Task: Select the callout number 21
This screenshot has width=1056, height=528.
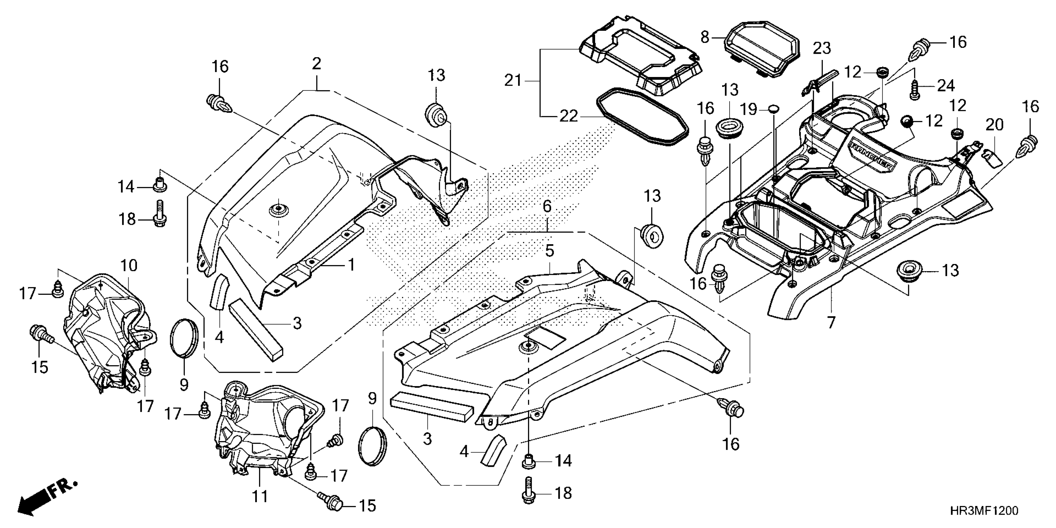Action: pyautogui.click(x=513, y=80)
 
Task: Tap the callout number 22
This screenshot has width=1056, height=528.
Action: pyautogui.click(x=569, y=116)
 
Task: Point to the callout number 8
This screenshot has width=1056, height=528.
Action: pyautogui.click(x=705, y=37)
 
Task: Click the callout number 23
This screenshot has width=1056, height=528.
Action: pyautogui.click(x=822, y=48)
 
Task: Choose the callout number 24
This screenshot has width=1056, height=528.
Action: pyautogui.click(x=946, y=86)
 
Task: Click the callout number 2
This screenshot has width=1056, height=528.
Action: pyautogui.click(x=316, y=64)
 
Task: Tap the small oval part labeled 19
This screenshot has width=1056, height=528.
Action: pyautogui.click(x=772, y=108)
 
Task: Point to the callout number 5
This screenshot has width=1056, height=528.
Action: pyautogui.click(x=549, y=250)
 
